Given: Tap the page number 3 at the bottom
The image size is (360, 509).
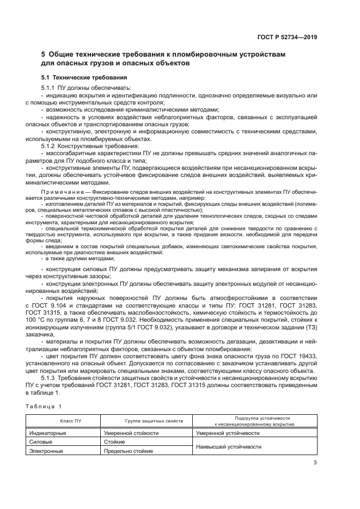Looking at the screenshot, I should pos(315,463).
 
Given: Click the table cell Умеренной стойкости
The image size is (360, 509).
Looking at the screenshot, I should pos(131,433).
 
